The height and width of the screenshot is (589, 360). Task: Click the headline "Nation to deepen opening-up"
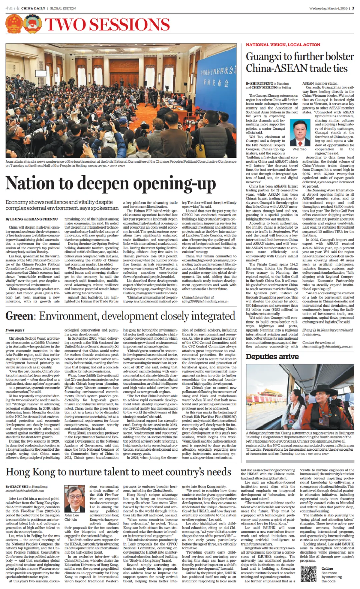pos(111,184)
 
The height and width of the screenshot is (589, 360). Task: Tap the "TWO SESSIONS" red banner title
pos(107,25)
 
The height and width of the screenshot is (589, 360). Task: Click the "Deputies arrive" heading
pos(272,357)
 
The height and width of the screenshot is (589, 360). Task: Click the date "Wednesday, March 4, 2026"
pos(328,8)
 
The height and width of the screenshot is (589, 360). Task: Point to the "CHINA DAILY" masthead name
pos(33,8)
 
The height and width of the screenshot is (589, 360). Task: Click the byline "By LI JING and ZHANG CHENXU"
pos(32,219)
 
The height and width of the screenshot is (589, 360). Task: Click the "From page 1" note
pos(15,330)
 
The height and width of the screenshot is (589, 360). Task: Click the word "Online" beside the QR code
pos(327,569)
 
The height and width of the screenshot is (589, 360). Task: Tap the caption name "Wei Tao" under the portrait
pos(299,149)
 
